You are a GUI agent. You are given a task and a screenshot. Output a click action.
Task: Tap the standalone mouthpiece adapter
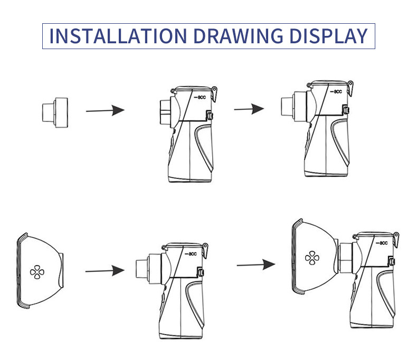point(54,111)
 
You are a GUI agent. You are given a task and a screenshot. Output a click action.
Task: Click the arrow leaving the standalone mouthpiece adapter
point(105,110)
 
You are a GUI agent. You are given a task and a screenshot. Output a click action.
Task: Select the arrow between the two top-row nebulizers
point(249,109)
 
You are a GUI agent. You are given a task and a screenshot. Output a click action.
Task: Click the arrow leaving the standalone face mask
point(105,271)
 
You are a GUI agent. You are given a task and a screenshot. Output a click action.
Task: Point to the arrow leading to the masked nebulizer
point(256,264)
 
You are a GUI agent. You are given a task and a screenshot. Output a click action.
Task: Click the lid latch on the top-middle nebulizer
point(215,94)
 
